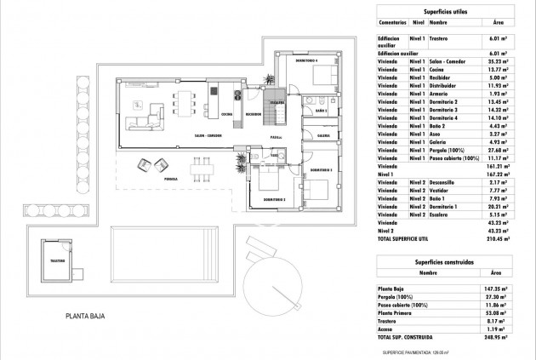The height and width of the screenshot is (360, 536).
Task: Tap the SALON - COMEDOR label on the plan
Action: [x=208, y=136]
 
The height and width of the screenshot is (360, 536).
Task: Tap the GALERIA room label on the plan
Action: [x=323, y=134]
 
